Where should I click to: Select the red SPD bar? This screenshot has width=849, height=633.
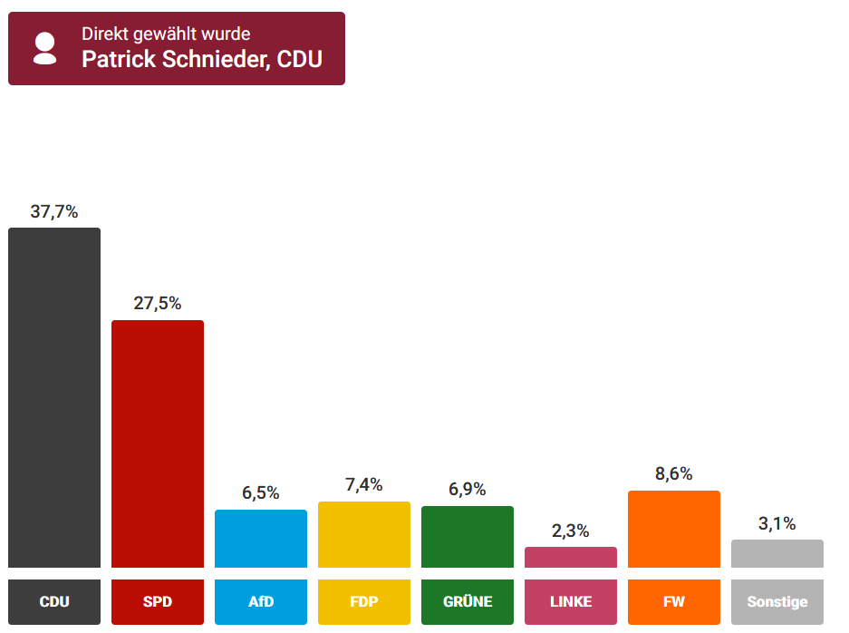(x=158, y=443)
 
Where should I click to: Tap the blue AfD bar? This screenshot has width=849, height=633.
(x=261, y=539)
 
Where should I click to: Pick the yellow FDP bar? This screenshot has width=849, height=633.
(x=364, y=534)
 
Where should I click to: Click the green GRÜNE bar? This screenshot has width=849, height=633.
(x=468, y=537)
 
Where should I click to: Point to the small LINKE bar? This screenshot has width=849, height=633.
(x=571, y=557)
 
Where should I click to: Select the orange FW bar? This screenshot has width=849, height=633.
(x=674, y=529)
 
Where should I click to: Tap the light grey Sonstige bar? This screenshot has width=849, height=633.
(x=777, y=553)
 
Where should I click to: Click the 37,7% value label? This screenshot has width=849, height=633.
(x=54, y=212)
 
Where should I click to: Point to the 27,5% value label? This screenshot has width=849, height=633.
(x=158, y=304)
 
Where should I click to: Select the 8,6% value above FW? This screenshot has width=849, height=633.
(x=674, y=473)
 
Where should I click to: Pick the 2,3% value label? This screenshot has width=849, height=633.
(x=571, y=531)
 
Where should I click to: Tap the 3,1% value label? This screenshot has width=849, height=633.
(x=777, y=523)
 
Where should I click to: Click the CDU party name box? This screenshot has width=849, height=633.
(x=54, y=602)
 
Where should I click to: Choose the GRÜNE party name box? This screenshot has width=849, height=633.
(x=468, y=602)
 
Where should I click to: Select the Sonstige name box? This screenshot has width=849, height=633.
(x=777, y=602)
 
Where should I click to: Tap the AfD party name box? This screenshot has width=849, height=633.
(x=261, y=602)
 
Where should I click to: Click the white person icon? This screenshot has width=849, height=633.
(x=44, y=48)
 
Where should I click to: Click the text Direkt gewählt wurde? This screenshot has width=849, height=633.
(x=166, y=34)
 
